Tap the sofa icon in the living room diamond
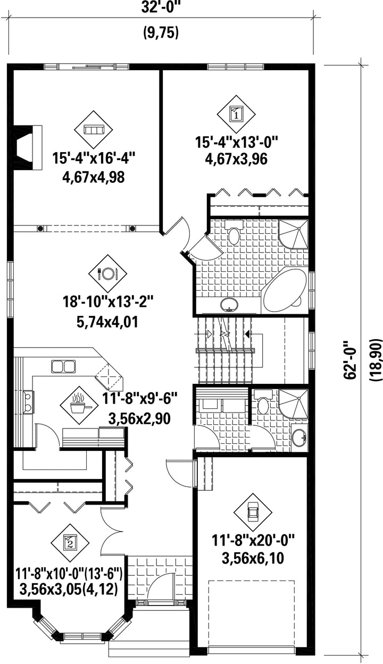94,130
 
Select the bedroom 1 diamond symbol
236,114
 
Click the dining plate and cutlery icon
107,273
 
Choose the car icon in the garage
253,513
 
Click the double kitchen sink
63,367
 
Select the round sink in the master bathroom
229,305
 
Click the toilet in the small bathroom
263,402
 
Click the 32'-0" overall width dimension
161,7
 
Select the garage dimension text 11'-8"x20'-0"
253,540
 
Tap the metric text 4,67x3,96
236,159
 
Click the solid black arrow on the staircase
247,334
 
